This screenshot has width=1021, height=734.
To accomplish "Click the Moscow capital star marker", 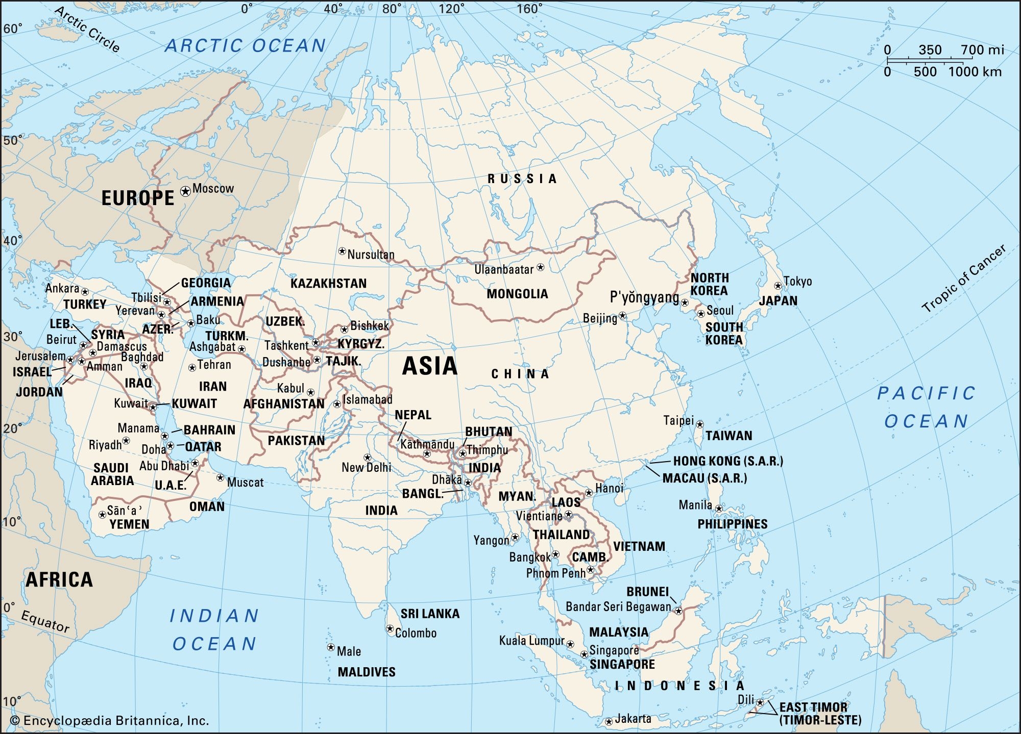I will [x=185, y=191].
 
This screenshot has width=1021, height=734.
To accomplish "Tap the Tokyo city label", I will [x=797, y=281].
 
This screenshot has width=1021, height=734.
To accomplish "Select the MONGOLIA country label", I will [x=517, y=294].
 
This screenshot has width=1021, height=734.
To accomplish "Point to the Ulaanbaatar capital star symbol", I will [x=541, y=267].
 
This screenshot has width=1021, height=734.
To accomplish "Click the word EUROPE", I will [x=138, y=198].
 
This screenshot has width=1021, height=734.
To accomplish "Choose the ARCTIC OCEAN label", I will [x=246, y=46].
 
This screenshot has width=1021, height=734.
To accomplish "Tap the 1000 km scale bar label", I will [x=975, y=72].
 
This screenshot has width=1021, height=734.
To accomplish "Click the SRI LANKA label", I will [x=430, y=614].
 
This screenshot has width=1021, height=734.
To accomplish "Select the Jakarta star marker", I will [x=609, y=722].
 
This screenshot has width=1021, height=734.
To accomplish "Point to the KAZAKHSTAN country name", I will [x=328, y=284].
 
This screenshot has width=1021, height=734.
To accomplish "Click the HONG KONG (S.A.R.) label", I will [x=727, y=461].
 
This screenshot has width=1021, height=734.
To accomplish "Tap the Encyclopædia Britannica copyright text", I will [x=110, y=721].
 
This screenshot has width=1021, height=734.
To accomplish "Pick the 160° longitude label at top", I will [x=529, y=9].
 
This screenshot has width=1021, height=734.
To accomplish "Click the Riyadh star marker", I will [x=126, y=441].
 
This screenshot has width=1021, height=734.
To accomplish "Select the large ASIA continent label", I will [x=429, y=366].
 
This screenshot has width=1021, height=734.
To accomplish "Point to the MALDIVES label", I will [x=367, y=672].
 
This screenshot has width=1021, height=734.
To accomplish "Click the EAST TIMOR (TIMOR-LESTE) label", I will [x=819, y=713].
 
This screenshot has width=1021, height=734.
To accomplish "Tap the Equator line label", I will [x=45, y=621].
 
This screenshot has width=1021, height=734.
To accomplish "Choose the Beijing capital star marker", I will [x=622, y=316].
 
